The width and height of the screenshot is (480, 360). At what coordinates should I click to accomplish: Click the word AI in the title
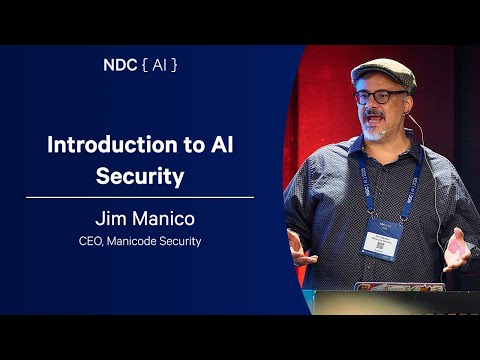tap(219, 144)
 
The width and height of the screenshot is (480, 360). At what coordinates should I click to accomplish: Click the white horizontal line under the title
tap(140, 198)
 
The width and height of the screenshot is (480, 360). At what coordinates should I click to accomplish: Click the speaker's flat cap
tap(381, 72)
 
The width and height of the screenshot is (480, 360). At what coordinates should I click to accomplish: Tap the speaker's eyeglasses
tap(381, 99)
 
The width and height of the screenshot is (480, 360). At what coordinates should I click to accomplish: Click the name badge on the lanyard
tap(380, 239)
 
